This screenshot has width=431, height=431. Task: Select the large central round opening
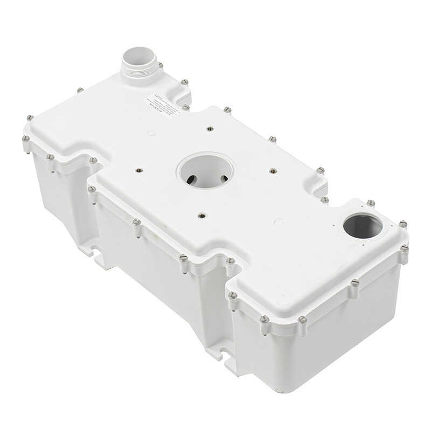tap(205, 171)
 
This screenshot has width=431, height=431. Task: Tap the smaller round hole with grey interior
tap(363, 225)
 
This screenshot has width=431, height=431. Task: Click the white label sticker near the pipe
tap(164, 105)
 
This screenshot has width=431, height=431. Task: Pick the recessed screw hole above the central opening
tap(210, 129)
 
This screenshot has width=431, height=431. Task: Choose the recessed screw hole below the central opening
tap(202, 215)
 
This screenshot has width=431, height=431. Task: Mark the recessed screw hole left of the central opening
tap(138, 171)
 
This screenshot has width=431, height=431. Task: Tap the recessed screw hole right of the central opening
tap(273, 171)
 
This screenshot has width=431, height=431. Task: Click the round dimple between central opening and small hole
tap(278, 221)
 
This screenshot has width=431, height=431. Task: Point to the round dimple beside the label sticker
tap(152, 133)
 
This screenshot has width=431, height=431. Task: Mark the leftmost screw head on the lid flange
tap(26, 139)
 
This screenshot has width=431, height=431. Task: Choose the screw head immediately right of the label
tap(186, 107)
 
